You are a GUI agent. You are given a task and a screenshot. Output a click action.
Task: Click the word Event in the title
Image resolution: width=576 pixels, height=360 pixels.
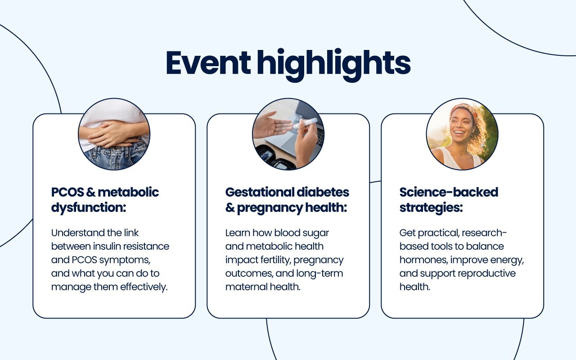tap(208, 63)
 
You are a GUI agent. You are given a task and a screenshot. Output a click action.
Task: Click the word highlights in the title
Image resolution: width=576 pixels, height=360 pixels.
tap(333, 65)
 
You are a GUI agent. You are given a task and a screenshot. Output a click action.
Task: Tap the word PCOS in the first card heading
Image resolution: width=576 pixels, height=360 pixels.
tap(67, 192)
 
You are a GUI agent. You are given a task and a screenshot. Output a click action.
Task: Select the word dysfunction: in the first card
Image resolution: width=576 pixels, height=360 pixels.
tap(89, 207)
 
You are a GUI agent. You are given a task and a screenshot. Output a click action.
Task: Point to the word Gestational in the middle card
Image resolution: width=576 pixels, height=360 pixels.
tap(260, 192)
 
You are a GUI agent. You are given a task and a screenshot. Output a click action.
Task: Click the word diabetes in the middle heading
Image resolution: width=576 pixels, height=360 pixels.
tap(323, 192)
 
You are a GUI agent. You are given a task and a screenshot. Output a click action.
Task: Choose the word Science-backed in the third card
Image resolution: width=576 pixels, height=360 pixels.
tap(449, 192)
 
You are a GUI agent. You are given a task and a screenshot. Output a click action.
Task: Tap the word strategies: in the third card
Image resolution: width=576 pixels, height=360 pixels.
tap(431, 208)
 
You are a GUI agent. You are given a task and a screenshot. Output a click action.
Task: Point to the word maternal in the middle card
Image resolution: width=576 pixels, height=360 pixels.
tap(246, 287)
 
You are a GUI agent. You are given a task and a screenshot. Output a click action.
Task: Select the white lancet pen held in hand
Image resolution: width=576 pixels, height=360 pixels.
tap(305, 123)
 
